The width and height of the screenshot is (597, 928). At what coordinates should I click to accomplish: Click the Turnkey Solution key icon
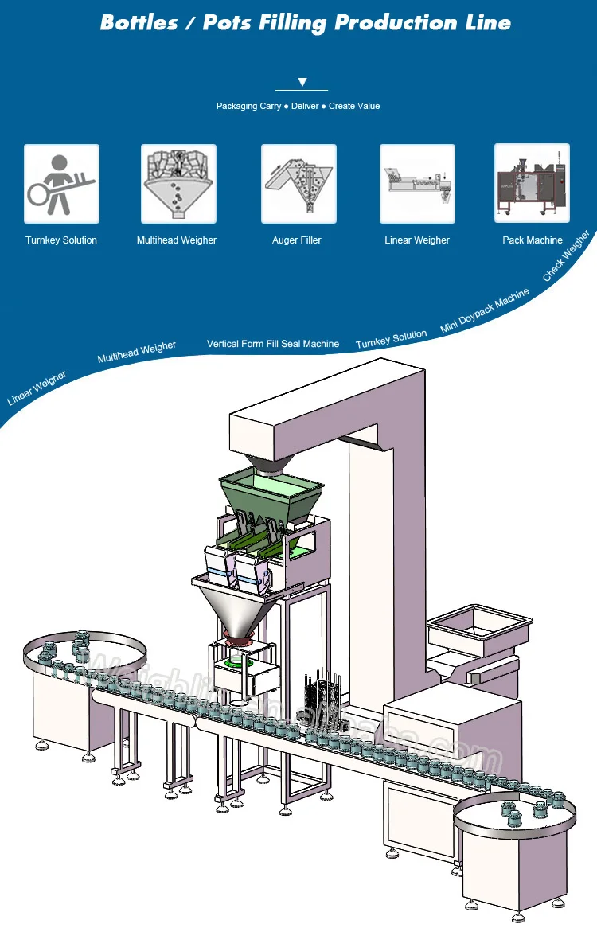[61, 183]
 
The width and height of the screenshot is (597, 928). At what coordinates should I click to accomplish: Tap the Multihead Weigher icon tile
[178, 183]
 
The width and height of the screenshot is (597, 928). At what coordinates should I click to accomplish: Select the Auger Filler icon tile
[298, 183]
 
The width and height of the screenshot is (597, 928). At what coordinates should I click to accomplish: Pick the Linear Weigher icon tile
[417, 183]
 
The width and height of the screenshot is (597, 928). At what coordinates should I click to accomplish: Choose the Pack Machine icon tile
[532, 181]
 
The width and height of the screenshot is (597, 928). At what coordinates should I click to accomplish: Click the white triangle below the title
[302, 82]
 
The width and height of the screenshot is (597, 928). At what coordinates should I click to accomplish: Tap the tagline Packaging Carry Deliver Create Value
[298, 106]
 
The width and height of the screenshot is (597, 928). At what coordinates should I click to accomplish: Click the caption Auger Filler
[297, 240]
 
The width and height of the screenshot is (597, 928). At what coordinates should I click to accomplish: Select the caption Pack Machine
[532, 240]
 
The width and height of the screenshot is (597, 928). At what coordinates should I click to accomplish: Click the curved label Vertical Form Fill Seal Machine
[273, 344]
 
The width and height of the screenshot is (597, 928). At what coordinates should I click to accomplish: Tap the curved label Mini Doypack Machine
[484, 310]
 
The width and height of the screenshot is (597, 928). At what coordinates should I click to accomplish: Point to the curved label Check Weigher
[566, 256]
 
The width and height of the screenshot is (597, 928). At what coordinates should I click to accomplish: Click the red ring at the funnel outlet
[238, 635]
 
